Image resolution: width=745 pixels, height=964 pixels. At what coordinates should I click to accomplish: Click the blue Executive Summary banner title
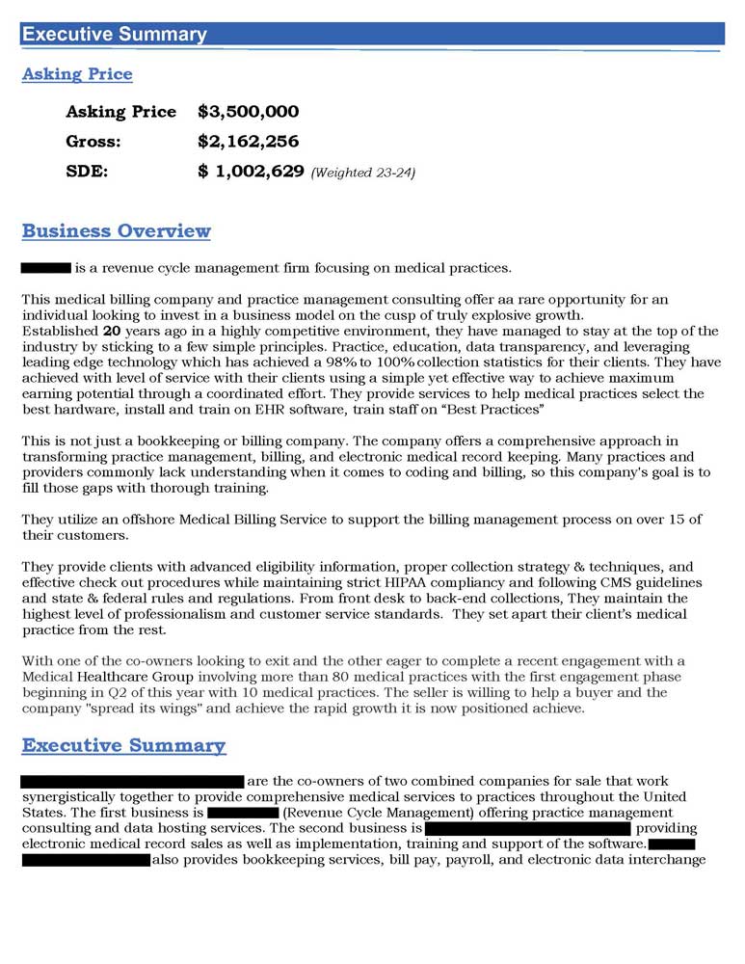[114, 35]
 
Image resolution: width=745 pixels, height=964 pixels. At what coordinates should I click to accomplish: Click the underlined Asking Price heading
[77, 74]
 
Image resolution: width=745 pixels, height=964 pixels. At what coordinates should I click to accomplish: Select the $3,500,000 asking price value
[248, 112]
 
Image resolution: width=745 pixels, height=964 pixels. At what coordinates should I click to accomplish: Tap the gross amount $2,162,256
[248, 142]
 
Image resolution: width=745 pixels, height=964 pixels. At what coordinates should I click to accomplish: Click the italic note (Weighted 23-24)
[363, 174]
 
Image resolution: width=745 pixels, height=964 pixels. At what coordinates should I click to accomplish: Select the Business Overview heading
[116, 231]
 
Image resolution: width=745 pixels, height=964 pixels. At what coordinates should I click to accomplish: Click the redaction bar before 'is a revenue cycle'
[45, 266]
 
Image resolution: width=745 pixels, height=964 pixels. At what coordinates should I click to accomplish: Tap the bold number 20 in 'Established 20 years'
[111, 331]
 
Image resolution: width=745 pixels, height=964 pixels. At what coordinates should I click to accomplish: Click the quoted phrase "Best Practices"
[493, 410]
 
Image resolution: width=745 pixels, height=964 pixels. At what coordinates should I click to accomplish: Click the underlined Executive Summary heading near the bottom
[123, 746]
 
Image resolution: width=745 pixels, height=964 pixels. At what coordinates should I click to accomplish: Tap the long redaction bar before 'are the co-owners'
[132, 781]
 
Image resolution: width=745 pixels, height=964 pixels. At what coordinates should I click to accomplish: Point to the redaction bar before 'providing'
[527, 828]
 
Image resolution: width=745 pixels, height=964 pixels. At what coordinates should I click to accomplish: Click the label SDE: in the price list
[87, 172]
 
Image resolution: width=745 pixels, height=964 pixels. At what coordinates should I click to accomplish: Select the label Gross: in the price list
[92, 142]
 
